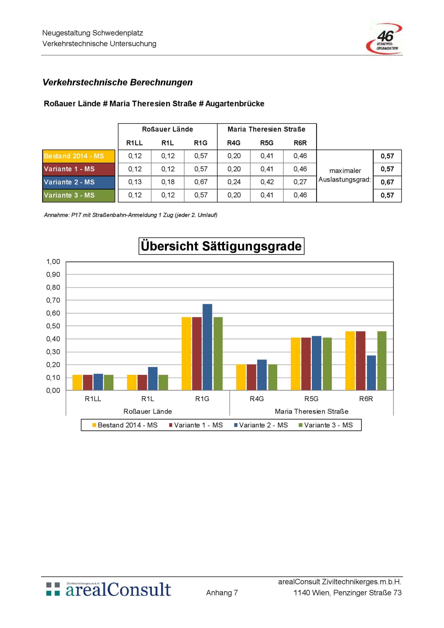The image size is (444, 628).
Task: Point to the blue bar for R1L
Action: pyautogui.click(x=153, y=379)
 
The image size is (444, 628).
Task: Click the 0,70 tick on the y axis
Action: pyautogui.click(x=53, y=300)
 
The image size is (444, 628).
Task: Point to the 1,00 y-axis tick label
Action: pyautogui.click(x=53, y=262)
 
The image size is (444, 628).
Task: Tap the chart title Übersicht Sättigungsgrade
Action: pyautogui.click(x=221, y=246)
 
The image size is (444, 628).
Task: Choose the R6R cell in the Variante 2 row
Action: pyautogui.click(x=300, y=182)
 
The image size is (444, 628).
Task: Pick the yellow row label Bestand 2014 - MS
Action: pyautogui.click(x=79, y=156)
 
